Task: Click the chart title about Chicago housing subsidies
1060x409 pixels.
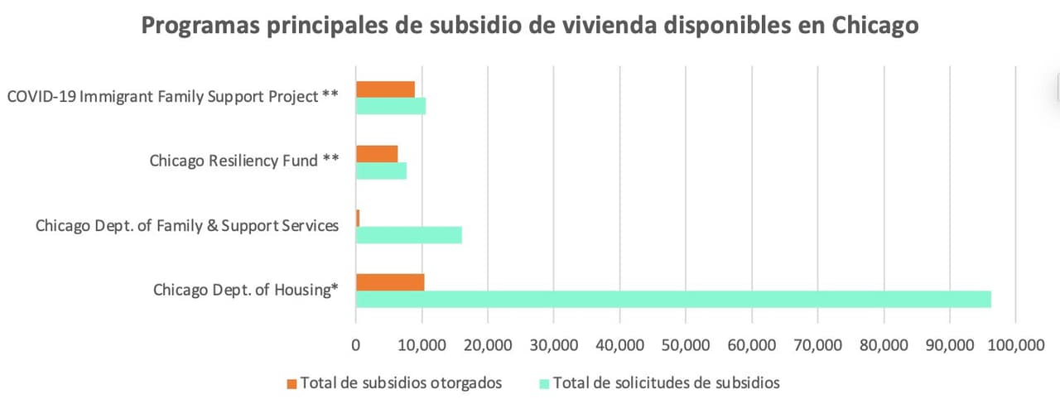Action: [x=530, y=26]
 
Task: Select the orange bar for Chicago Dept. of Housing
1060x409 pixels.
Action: [x=390, y=281]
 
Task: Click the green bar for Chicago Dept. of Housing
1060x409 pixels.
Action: [x=673, y=299]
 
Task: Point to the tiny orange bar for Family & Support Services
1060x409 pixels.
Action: [x=358, y=217]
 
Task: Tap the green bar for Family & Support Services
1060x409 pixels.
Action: [x=408, y=234]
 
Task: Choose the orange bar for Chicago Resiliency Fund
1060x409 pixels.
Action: [x=377, y=153]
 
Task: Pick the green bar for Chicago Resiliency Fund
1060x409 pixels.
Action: [x=381, y=171]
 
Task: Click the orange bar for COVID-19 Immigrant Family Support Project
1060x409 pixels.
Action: [x=385, y=89]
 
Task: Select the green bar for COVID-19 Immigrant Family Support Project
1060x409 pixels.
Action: [x=391, y=106]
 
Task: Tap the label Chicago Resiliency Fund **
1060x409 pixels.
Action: [x=243, y=161]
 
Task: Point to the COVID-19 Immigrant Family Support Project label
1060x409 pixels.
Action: [x=172, y=97]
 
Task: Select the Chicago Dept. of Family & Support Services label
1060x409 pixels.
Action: [x=187, y=225]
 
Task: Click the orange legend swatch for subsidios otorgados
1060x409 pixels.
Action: [x=291, y=383]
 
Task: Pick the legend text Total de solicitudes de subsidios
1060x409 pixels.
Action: [x=666, y=383]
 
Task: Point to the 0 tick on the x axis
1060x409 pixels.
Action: [x=356, y=347]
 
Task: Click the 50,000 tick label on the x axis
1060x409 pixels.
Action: [x=686, y=347]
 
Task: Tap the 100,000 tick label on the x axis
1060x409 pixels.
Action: [x=1015, y=347]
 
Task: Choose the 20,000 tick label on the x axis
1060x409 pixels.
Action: [x=488, y=347]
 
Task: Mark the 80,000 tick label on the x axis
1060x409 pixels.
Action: [x=884, y=347]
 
